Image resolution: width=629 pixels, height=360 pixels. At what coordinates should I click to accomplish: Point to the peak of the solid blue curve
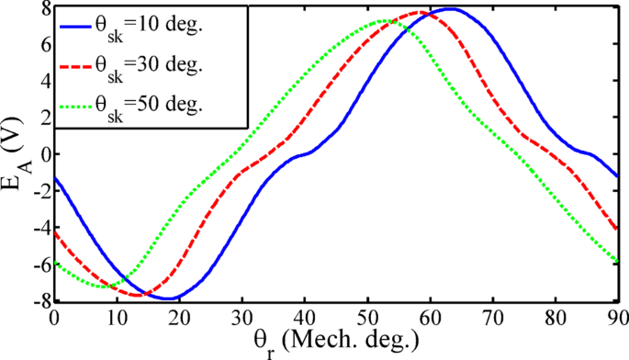pos(450,8)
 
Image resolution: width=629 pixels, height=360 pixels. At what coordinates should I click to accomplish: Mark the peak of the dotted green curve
pos(381,20)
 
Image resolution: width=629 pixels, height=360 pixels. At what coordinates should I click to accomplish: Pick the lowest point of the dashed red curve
pos(138,295)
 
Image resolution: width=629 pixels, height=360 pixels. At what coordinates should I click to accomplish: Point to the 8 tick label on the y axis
pos(42,8)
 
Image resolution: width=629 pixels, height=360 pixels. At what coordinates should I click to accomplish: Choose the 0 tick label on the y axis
pos(42,153)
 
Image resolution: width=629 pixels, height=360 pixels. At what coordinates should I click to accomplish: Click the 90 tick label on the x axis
pos(618,317)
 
